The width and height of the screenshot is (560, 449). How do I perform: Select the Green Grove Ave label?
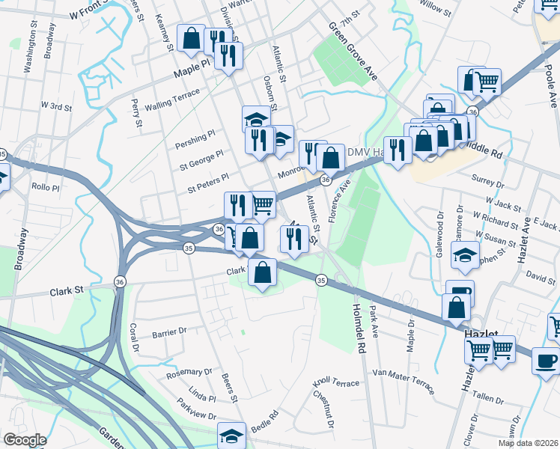coord(352,49)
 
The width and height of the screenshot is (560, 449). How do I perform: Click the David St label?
coord(540,278)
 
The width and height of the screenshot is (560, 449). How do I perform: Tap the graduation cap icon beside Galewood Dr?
coord(465,257)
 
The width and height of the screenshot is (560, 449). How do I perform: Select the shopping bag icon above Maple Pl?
coord(191,38)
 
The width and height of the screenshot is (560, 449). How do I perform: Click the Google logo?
coord(25,439)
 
